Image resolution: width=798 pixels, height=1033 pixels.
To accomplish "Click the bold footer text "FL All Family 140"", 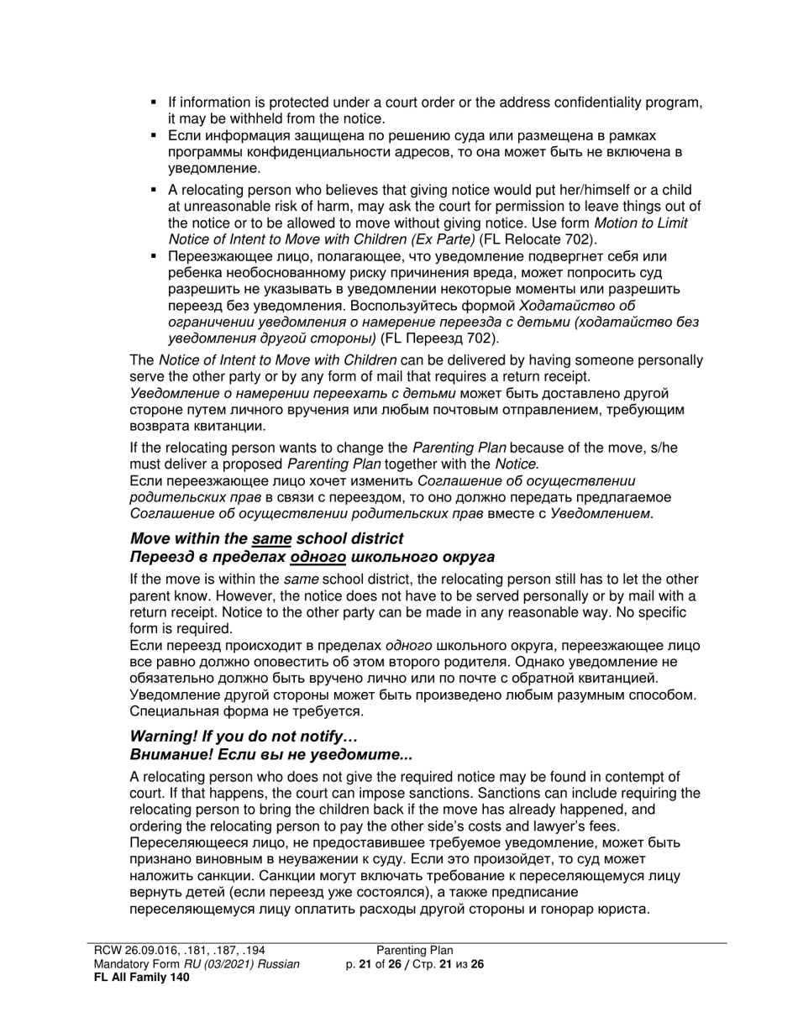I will click(x=141, y=977).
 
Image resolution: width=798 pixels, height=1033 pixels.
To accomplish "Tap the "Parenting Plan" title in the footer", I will click(x=414, y=951).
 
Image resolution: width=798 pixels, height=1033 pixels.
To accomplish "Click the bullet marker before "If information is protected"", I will click(x=154, y=102).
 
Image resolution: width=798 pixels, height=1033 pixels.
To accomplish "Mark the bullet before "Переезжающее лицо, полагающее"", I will click(x=154, y=256).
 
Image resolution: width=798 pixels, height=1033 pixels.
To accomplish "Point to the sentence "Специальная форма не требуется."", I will click(x=247, y=711).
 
